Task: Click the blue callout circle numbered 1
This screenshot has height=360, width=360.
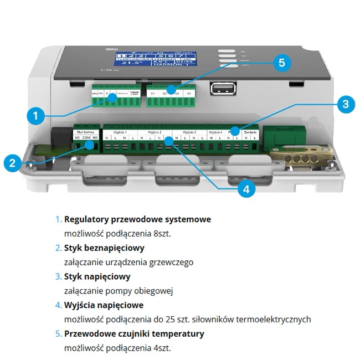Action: [x=35, y=116]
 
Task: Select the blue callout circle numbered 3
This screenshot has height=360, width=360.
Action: [x=345, y=103]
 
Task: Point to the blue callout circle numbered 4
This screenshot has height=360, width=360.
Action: [x=246, y=189]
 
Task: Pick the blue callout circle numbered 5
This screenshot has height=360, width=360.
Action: [x=282, y=63]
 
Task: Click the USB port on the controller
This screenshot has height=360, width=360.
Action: [x=218, y=89]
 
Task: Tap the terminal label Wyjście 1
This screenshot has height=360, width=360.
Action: [x=120, y=133]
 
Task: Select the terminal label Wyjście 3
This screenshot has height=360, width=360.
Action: [x=189, y=133]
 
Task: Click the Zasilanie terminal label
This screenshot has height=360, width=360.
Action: [x=249, y=133]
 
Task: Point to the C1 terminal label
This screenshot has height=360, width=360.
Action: [x=152, y=94]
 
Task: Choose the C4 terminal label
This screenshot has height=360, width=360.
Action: [x=189, y=94]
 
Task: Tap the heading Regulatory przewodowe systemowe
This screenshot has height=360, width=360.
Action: [x=137, y=219]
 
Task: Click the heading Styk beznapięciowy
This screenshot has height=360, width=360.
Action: [x=104, y=248]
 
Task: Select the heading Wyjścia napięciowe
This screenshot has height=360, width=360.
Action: [x=104, y=305]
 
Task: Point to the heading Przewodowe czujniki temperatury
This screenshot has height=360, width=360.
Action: [x=134, y=333]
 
